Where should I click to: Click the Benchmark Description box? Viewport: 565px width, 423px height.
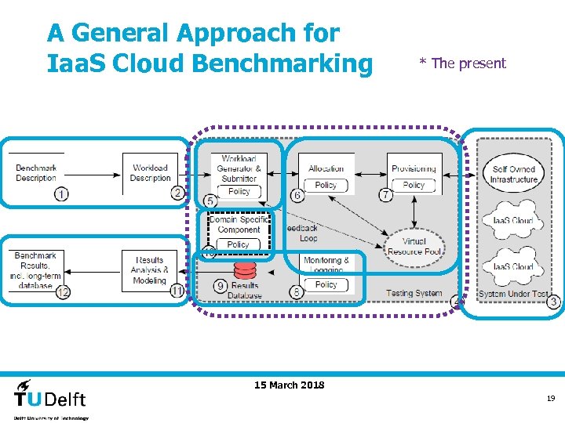click(36, 172)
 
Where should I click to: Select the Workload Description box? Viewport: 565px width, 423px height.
click(150, 172)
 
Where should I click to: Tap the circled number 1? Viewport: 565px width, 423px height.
click(62, 194)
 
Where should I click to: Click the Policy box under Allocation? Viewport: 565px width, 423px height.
click(326, 186)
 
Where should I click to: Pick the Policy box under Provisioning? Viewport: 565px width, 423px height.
click(414, 186)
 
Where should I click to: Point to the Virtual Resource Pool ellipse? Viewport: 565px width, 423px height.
click(414, 247)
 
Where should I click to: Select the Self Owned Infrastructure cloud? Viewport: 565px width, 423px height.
click(514, 174)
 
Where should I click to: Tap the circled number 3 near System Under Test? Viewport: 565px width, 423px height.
click(553, 302)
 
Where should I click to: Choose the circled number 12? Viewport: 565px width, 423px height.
click(62, 292)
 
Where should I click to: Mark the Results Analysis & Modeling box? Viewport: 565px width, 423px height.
click(149, 270)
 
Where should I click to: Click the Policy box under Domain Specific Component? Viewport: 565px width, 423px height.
click(238, 244)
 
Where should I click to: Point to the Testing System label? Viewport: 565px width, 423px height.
click(414, 294)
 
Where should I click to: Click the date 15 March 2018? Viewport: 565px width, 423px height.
click(290, 385)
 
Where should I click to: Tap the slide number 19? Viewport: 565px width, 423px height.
click(551, 399)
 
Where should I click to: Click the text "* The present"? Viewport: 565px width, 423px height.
click(462, 63)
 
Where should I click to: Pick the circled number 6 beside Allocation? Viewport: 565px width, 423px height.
click(297, 194)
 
